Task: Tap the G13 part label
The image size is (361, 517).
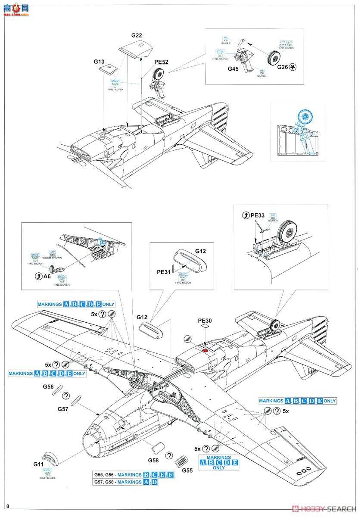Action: [99, 61]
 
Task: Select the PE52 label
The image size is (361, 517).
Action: [162, 62]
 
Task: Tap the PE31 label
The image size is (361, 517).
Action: [164, 271]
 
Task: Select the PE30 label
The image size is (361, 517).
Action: [205, 321]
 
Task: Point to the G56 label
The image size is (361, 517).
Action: [48, 386]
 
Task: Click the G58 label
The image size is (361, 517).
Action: [154, 460]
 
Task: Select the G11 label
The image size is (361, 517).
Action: [38, 464]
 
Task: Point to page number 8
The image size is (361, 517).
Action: [8, 505]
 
